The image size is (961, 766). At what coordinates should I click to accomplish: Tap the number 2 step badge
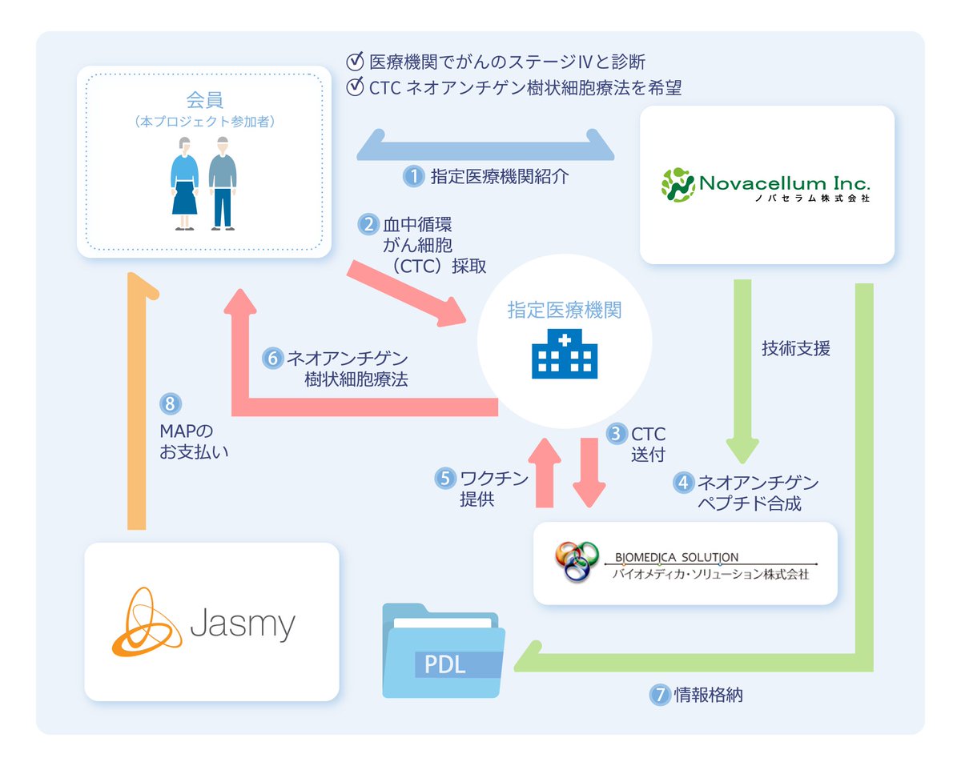click(368, 224)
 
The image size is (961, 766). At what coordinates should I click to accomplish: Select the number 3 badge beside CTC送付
click(615, 435)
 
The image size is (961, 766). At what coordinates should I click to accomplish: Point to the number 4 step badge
click(682, 483)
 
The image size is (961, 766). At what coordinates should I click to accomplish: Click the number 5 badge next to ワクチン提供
click(444, 479)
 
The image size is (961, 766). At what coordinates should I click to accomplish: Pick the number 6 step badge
click(273, 358)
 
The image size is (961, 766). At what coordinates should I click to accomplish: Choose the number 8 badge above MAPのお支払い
click(168, 403)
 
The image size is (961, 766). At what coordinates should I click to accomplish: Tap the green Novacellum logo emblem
click(678, 184)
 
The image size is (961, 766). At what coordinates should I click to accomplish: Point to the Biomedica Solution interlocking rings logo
click(577, 562)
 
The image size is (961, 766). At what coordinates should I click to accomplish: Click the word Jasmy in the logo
click(243, 622)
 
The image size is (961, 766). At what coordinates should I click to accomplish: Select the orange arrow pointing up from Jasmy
click(136, 400)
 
